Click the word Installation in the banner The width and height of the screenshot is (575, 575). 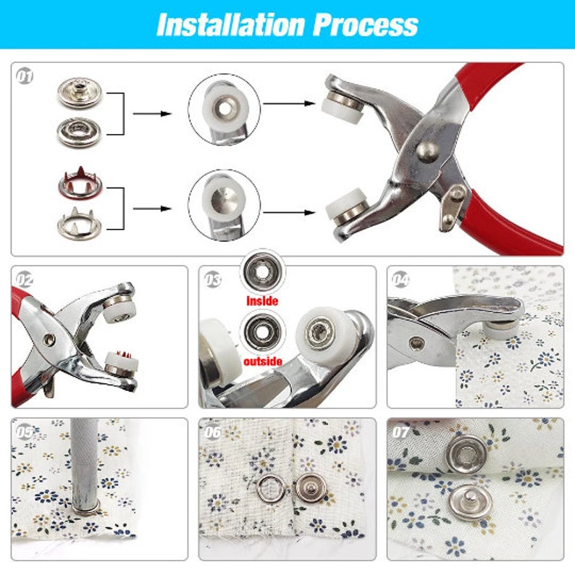point(231,25)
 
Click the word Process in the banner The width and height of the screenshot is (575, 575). point(365,25)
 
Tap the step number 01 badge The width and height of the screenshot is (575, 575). point(25,77)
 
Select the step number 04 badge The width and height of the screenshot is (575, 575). point(400,280)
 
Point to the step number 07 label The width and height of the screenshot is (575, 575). point(400,432)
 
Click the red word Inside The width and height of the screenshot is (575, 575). point(262,301)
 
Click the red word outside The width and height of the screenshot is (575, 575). point(263,361)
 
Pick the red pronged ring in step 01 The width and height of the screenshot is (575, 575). point(80,182)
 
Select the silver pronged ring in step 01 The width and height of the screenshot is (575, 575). point(80,222)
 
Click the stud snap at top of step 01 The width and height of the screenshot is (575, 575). point(79,93)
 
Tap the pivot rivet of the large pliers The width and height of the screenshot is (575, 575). point(427,151)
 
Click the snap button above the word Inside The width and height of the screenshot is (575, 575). point(262,272)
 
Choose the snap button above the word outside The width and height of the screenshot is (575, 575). point(262,332)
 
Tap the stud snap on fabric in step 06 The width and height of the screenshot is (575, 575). point(311,488)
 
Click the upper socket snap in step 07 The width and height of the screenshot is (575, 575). point(467,455)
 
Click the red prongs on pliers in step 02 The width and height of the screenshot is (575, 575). point(123,355)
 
